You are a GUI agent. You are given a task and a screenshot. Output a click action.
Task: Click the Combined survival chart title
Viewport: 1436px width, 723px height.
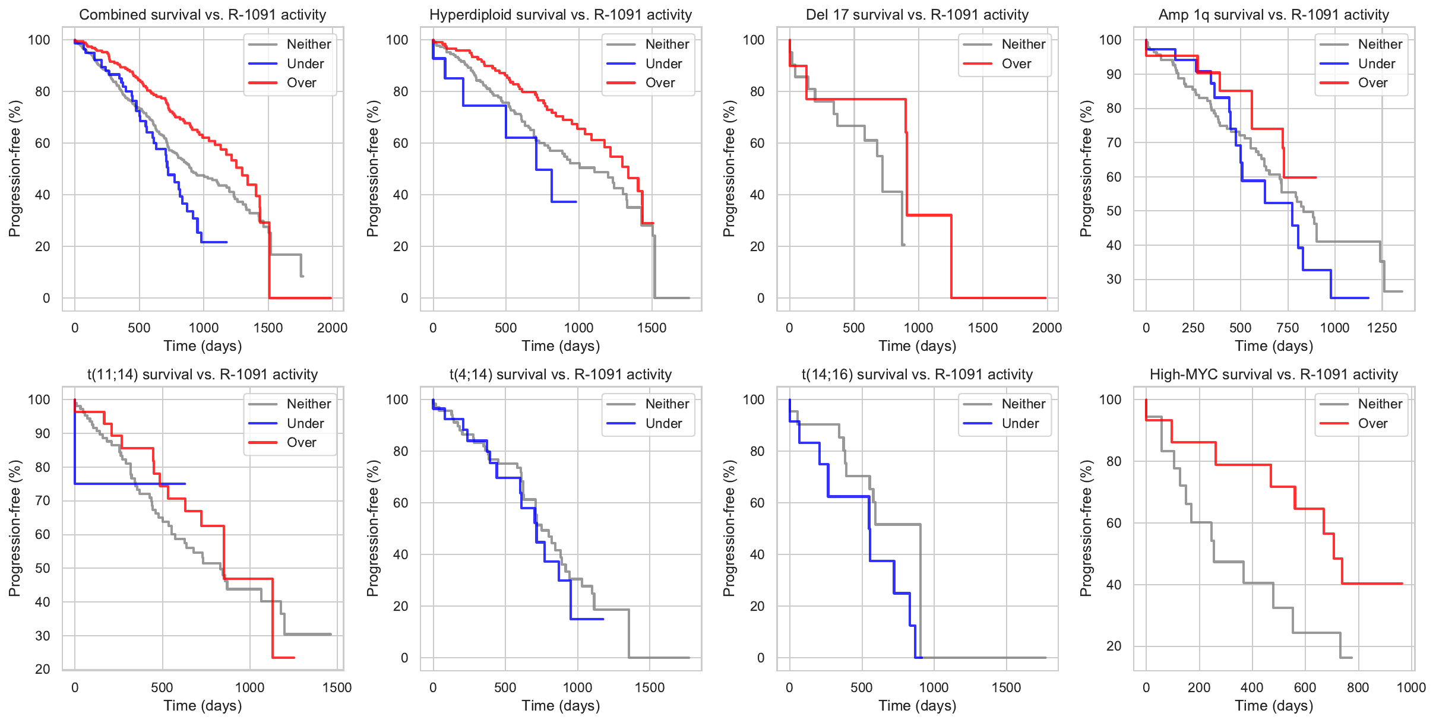point(203,15)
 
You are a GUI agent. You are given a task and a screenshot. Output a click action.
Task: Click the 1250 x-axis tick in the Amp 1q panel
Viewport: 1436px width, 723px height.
point(1382,328)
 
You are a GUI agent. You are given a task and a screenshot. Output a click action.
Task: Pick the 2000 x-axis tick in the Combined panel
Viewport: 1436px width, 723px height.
point(332,328)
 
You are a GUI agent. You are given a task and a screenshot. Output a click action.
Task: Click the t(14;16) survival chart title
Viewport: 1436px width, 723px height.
point(917,375)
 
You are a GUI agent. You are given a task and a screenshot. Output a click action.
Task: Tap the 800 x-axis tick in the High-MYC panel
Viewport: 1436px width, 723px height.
point(1358,688)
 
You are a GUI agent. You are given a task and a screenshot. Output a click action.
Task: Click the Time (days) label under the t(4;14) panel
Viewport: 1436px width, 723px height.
point(561,706)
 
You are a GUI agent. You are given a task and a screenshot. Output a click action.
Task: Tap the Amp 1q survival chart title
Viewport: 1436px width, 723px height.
point(1273,15)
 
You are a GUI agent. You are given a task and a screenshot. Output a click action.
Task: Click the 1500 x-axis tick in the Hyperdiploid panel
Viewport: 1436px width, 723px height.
point(651,328)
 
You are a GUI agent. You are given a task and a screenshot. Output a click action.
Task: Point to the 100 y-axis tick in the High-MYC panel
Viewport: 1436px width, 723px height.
point(1110,399)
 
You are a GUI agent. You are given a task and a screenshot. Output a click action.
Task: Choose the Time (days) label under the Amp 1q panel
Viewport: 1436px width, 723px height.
point(1273,346)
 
